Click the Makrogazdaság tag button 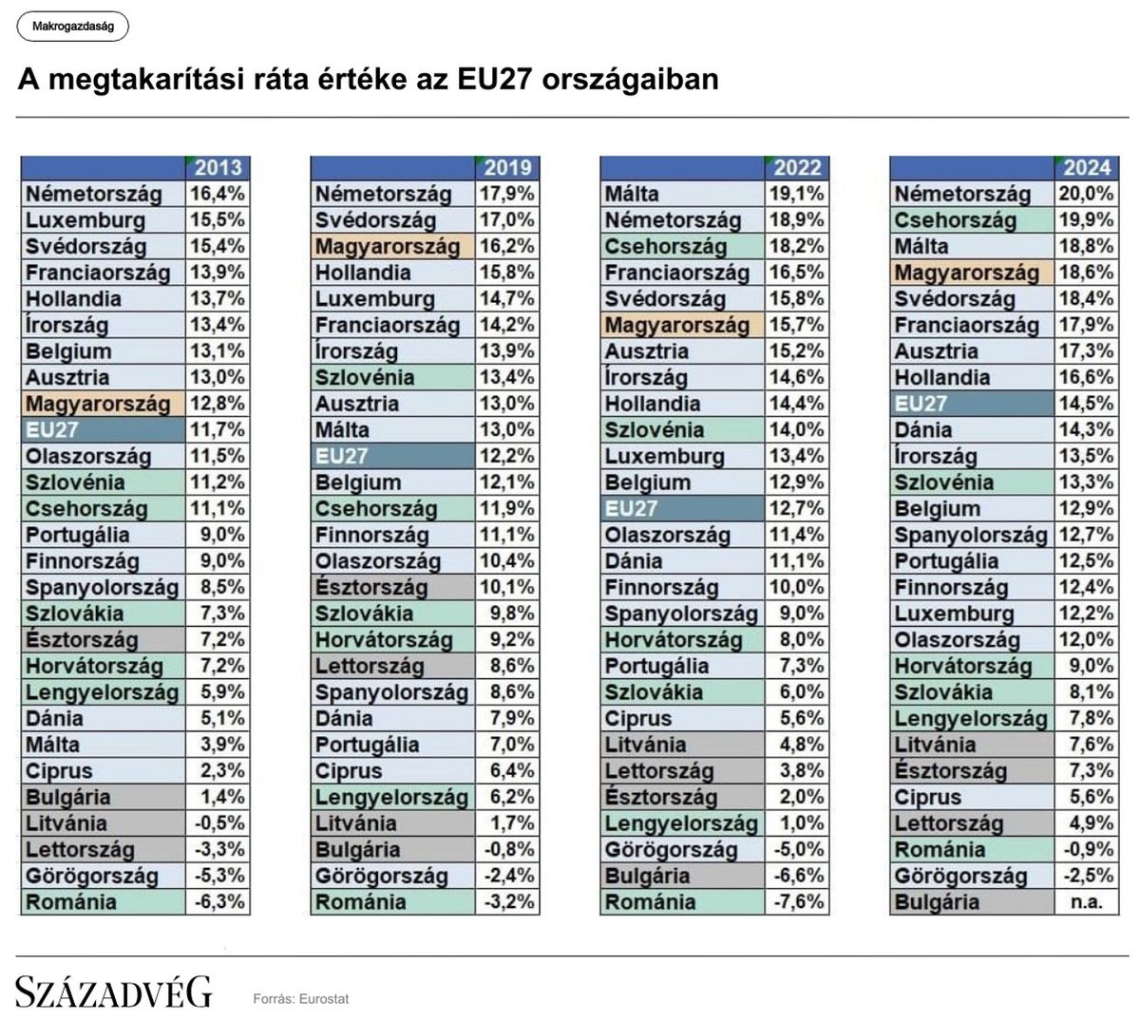72,27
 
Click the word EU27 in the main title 493,80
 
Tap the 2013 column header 218,168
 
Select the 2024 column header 1086,168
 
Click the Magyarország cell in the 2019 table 387,247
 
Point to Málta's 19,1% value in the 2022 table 796,194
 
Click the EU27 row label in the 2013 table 52,430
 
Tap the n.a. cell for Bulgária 1086,902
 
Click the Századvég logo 113,992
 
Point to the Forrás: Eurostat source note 300,999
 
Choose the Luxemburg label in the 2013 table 85,220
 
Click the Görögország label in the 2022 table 671,850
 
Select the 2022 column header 796,168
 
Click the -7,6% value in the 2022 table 796,902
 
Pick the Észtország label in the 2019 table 371,588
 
